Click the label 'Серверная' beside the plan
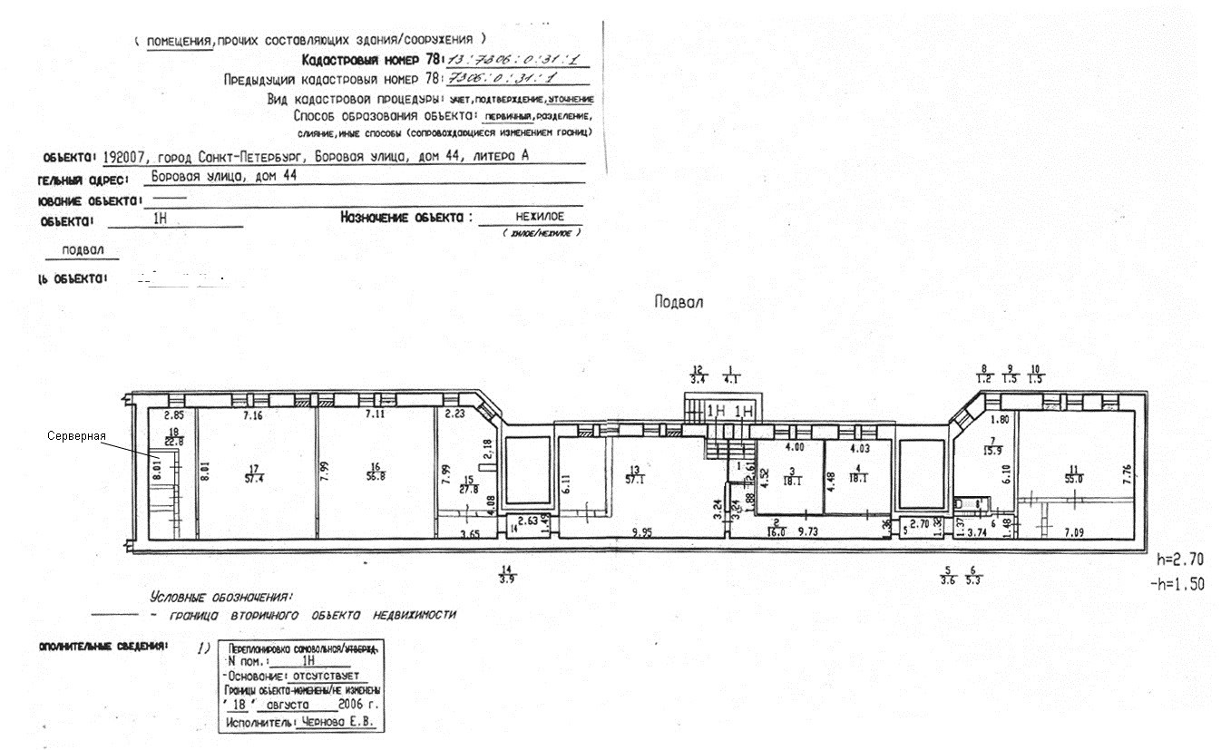coord(76,436)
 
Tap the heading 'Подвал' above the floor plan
coord(679,302)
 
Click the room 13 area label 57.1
coord(632,478)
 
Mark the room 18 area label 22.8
coord(172,441)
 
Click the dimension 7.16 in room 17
coord(252,415)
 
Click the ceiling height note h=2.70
coord(1182,560)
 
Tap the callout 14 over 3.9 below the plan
coord(506,575)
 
